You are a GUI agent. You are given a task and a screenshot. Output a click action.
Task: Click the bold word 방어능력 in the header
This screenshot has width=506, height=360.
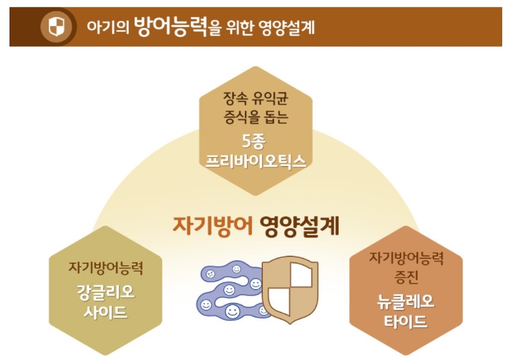[x=171, y=26]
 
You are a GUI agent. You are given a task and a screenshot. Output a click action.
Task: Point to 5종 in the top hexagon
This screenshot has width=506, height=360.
[x=256, y=140]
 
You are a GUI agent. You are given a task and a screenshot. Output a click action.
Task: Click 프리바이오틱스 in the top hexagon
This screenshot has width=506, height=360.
[x=256, y=160]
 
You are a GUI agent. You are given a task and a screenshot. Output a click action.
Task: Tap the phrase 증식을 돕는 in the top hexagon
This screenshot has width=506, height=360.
[x=256, y=117]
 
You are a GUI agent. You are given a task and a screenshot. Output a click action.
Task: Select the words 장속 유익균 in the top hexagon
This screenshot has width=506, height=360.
[x=256, y=98]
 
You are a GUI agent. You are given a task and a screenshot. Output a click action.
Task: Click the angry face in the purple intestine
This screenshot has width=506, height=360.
[x=210, y=274]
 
